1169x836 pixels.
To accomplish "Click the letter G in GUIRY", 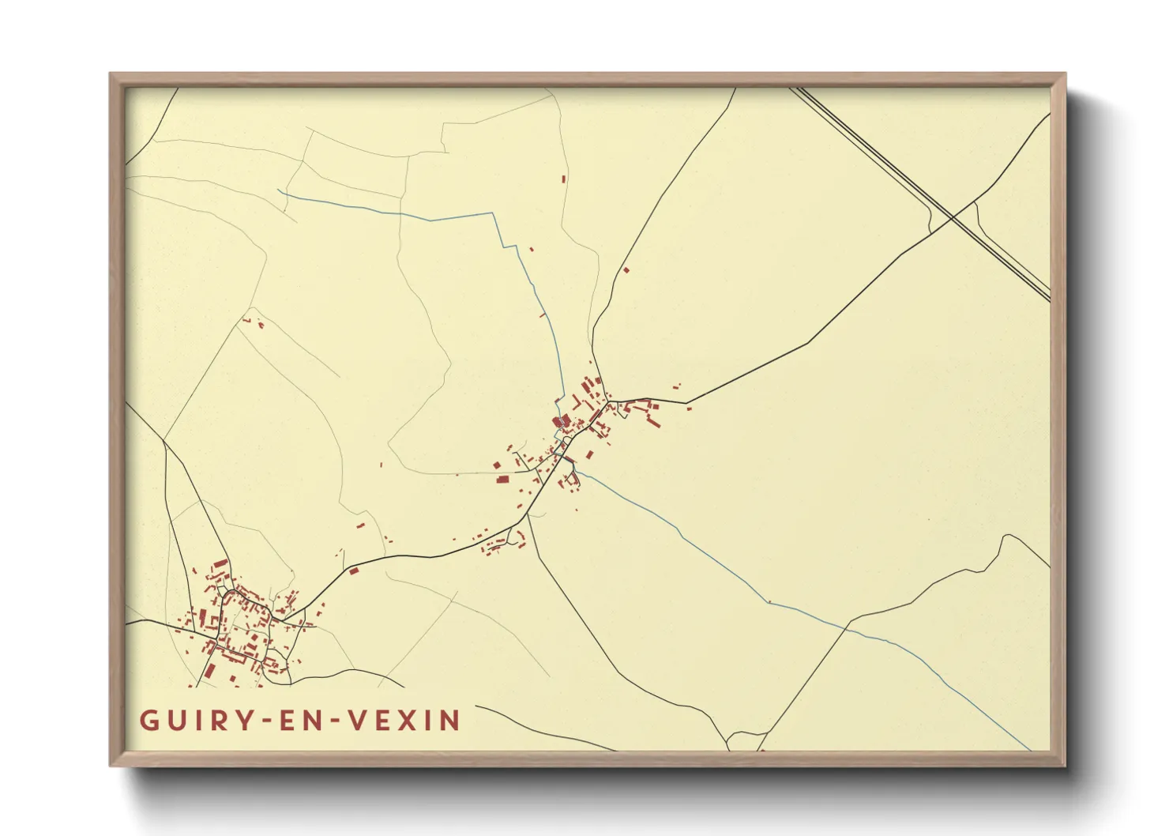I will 147,720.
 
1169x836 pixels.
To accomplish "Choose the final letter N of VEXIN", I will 451,720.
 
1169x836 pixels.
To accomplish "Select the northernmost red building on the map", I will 564,179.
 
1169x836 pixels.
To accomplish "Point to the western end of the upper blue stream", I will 279,190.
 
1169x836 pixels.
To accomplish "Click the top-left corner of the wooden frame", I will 111,74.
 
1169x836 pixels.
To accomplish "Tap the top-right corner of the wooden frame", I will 1065,74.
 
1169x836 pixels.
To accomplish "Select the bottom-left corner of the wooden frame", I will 111,765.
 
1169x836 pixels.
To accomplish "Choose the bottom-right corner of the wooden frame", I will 1065,765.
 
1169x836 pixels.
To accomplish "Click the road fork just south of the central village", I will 527,518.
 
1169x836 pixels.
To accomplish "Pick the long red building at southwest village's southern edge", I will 210,670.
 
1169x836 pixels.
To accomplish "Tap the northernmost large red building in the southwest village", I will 220,565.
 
